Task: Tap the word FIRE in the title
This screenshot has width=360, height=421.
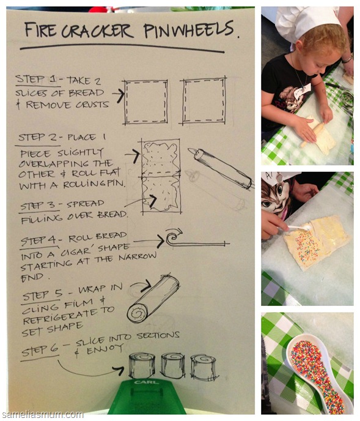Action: point(40,29)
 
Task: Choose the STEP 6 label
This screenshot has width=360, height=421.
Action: point(40,350)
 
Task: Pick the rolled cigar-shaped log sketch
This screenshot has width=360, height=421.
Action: point(153,298)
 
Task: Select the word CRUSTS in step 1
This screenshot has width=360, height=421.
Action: point(92,105)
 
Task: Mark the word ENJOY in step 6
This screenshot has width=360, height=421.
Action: point(105,349)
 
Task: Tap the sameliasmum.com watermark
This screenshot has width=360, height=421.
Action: point(42,414)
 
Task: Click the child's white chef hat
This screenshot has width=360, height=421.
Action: point(306,21)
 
